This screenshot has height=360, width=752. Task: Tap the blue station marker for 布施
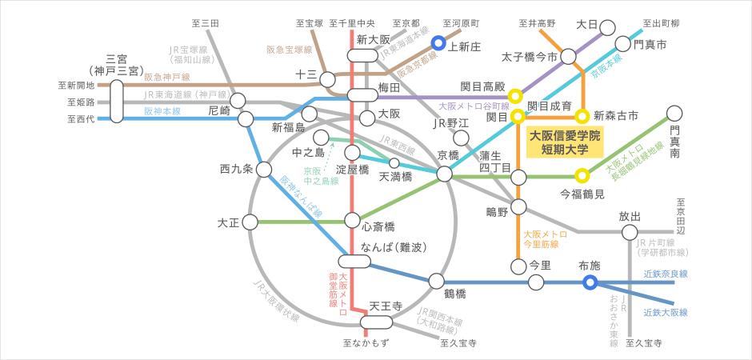click(x=590, y=282)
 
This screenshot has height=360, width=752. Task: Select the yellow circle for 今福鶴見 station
click(x=582, y=175)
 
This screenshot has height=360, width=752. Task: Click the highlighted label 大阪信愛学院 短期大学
click(x=565, y=142)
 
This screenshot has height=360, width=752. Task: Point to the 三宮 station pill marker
click(x=118, y=100)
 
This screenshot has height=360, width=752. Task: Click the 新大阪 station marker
click(x=362, y=55)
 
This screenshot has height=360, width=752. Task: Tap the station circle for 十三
click(x=327, y=78)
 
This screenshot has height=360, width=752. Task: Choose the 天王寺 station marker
click(x=374, y=322)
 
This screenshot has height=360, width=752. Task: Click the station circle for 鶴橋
click(x=436, y=281)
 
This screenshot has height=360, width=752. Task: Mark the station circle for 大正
click(x=250, y=221)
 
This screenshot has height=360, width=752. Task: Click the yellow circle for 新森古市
click(x=582, y=117)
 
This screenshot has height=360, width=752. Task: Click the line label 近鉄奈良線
click(x=666, y=274)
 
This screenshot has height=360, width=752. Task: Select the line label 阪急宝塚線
click(x=290, y=50)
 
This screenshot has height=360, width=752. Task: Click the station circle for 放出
click(x=629, y=232)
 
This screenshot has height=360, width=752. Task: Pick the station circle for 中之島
click(x=322, y=138)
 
